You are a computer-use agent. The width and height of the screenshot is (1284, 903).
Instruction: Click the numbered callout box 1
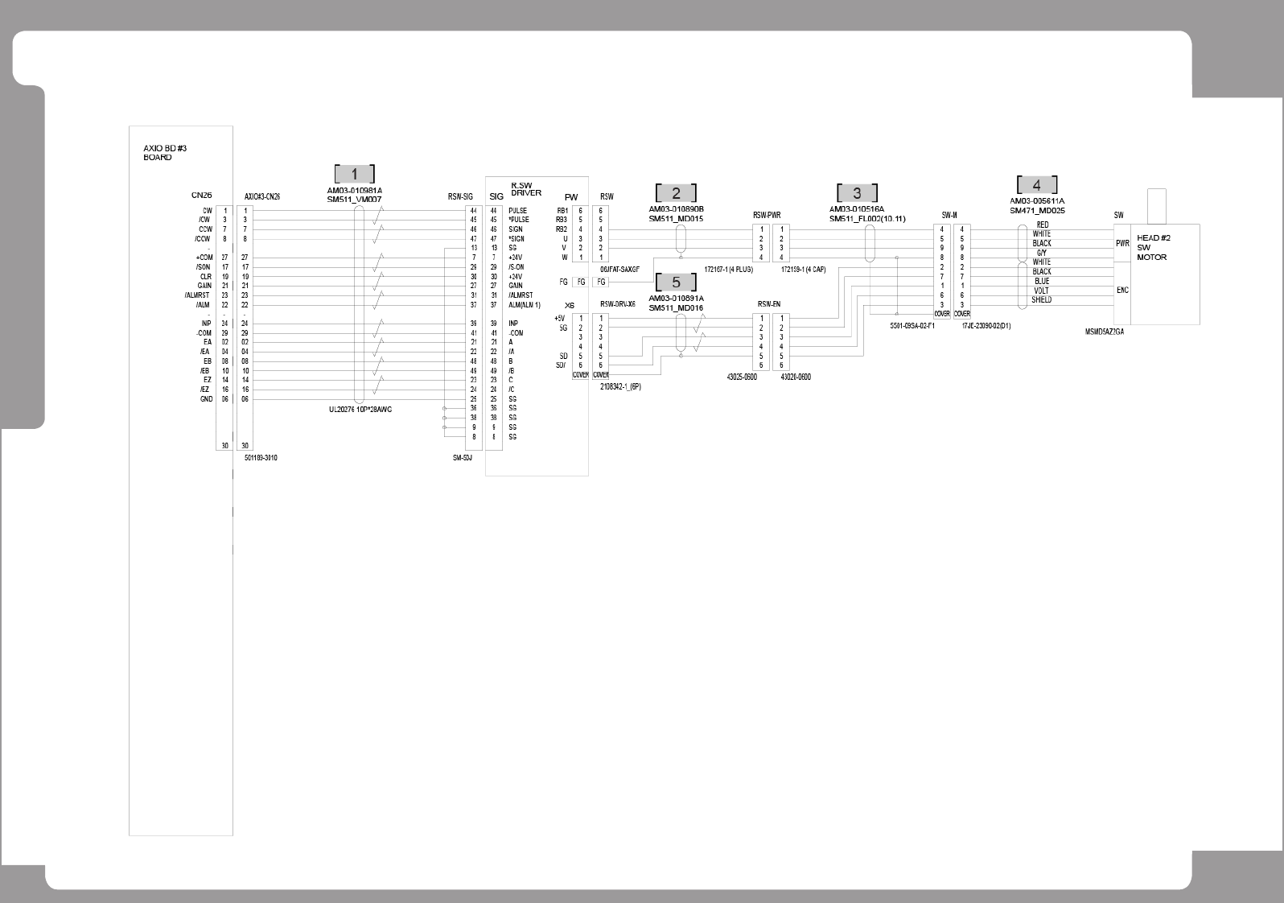point(354,174)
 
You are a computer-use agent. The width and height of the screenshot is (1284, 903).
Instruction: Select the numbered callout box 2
point(676,193)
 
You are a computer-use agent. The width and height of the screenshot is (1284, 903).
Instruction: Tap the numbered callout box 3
point(857,193)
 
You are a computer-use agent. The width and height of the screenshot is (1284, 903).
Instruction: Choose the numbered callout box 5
point(676,282)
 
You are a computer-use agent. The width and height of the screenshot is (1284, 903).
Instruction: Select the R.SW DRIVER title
point(526,189)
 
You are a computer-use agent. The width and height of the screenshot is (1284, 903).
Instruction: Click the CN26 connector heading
point(201,196)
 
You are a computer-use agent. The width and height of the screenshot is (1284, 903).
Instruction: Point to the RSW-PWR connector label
point(766,215)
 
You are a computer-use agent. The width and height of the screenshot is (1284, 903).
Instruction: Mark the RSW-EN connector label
point(768,304)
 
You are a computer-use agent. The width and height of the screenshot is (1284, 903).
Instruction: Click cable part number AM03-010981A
point(355,191)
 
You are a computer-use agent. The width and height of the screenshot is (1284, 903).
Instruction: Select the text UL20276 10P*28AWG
point(360,410)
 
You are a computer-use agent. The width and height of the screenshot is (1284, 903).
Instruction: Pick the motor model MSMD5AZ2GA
point(1105,332)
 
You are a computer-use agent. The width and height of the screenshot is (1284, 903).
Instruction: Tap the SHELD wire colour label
point(1041,300)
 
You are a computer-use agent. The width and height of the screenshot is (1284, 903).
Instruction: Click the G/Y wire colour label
point(1041,253)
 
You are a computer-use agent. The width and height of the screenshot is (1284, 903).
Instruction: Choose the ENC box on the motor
point(1122,290)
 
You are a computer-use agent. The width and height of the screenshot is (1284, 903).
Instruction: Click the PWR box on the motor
point(1122,243)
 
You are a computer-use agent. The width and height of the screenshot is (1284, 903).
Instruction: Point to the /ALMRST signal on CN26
point(197,295)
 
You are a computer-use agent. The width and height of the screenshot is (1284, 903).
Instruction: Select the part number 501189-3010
point(261,458)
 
